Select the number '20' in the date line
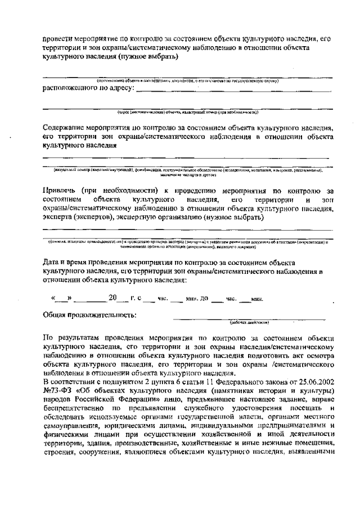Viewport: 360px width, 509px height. pyautogui.click(x=114, y=298)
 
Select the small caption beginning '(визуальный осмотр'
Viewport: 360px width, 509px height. pyautogui.click(x=186, y=169)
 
